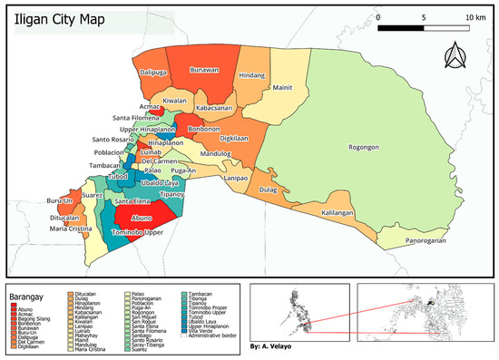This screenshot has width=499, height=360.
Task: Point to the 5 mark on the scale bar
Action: pyautogui.click(x=424, y=18)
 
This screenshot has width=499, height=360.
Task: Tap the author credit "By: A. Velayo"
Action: pyautogui.click(x=276, y=346)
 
